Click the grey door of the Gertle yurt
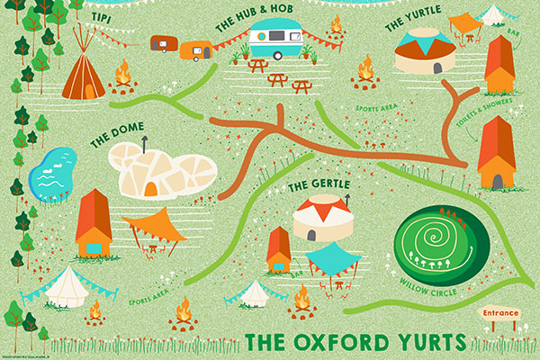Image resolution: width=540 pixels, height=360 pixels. tap(310, 233)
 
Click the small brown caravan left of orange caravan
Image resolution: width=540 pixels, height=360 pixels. tap(163, 41)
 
